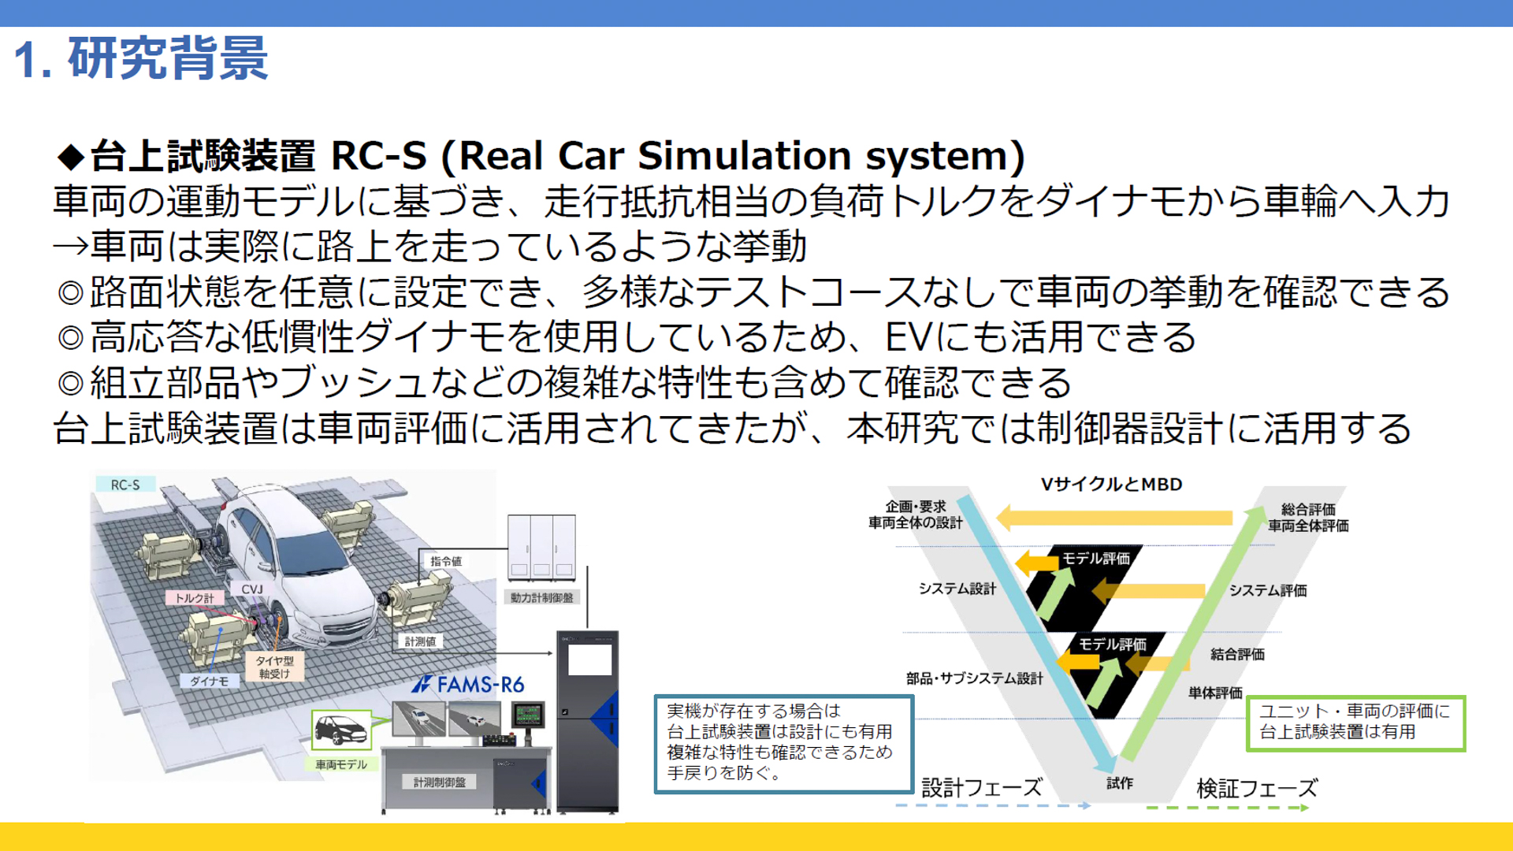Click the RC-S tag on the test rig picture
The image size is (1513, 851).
click(x=125, y=485)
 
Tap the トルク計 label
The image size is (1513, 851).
click(x=194, y=598)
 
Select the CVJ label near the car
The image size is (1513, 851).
click(x=252, y=589)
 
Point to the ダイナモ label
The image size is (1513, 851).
click(x=209, y=681)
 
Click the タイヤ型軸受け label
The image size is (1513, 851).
click(x=274, y=667)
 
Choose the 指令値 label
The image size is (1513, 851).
click(x=446, y=561)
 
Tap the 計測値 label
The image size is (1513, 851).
click(x=420, y=641)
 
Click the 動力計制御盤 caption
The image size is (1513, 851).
click(x=541, y=597)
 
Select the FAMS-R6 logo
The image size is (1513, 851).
click(x=469, y=684)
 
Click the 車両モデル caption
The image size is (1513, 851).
click(x=340, y=764)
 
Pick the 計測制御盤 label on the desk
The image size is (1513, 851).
click(x=439, y=782)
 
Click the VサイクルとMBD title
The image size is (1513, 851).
click(x=1111, y=485)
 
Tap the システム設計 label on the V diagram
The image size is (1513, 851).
click(x=957, y=589)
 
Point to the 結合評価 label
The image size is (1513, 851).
click(x=1237, y=654)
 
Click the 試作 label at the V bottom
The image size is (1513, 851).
click(x=1119, y=782)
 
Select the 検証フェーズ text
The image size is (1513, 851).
click(x=1256, y=788)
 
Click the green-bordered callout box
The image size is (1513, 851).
click(x=1355, y=723)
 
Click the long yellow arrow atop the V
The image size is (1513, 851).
click(x=1114, y=518)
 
